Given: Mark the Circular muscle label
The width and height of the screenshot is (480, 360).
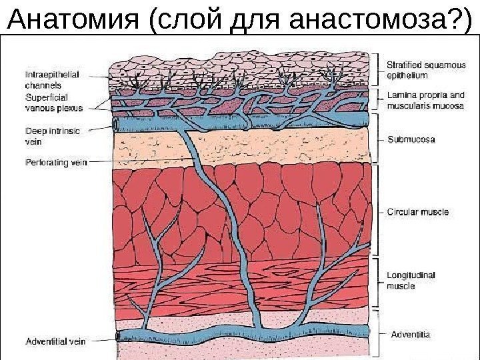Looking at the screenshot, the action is [418, 212].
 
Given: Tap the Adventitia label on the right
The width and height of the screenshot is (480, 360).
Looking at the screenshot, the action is [409, 332].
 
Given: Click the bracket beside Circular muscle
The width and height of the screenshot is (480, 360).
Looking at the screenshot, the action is [379, 212].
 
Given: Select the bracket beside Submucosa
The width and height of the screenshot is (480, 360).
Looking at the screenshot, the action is [379, 139].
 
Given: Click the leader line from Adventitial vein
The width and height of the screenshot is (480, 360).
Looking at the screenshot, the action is [100, 339].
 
